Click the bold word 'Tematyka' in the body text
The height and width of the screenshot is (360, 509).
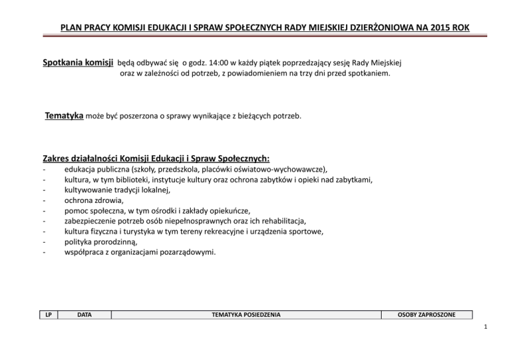pyautogui.click(x=64, y=117)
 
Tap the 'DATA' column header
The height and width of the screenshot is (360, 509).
pyautogui.click(x=84, y=314)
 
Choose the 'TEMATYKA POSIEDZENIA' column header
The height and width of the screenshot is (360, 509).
pyautogui.click(x=245, y=314)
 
